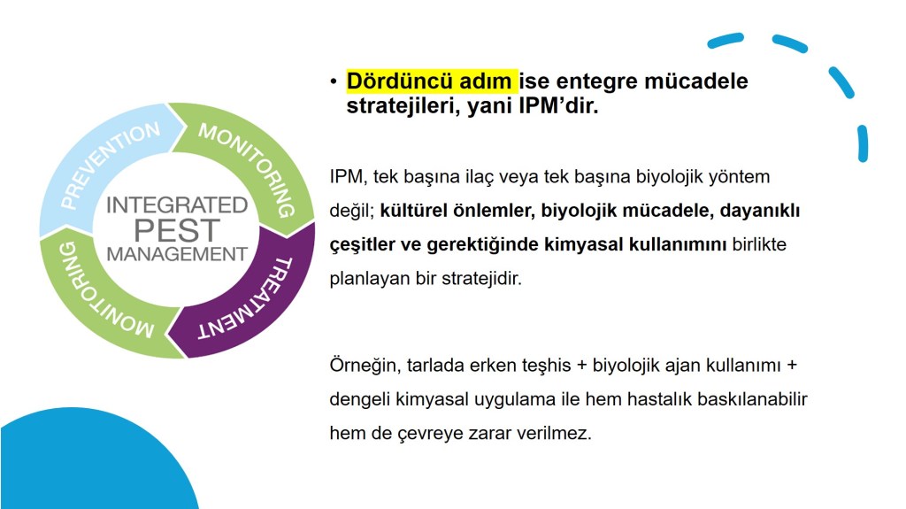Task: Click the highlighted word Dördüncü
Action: pyautogui.click(x=391, y=81)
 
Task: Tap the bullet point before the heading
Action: pyautogui.click(x=334, y=81)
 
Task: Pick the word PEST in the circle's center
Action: pyautogui.click(x=177, y=230)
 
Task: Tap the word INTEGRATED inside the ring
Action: pyautogui.click(x=177, y=205)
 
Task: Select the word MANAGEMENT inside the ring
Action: pyautogui.click(x=177, y=254)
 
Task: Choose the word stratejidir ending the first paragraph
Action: pyautogui.click(x=481, y=279)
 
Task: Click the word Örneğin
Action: pyautogui.click(x=365, y=366)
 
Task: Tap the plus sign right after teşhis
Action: pyautogui.click(x=582, y=366)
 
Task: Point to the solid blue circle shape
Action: pyautogui.click(x=87, y=463)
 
